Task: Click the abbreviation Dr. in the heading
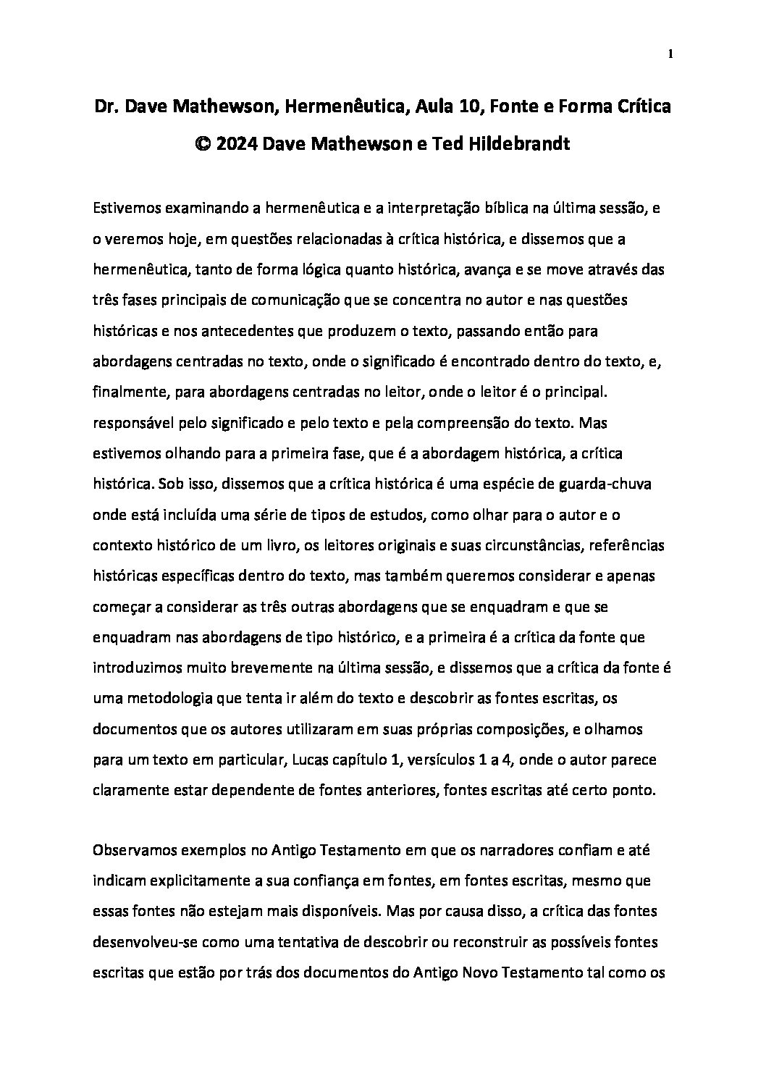point(106,107)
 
